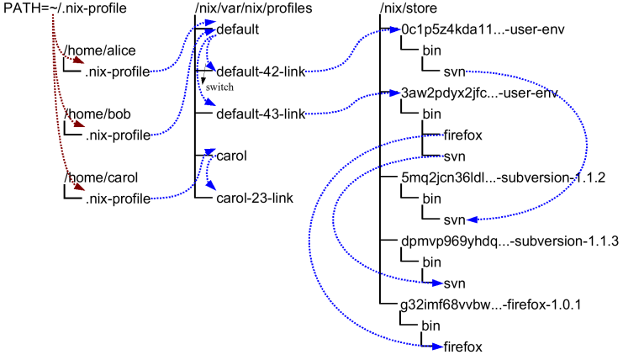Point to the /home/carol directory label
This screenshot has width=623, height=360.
click(98, 177)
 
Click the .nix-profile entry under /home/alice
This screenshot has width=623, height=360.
click(117, 72)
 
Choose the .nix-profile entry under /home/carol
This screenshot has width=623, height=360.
click(117, 198)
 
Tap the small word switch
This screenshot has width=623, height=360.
click(220, 87)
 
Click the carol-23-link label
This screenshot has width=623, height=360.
click(253, 198)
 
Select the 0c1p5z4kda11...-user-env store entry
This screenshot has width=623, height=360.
click(472, 30)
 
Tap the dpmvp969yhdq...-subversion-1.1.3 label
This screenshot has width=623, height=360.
click(510, 241)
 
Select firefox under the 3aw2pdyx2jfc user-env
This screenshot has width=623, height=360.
click(463, 135)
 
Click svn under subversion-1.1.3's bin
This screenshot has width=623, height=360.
click(454, 282)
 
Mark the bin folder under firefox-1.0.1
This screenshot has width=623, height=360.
click(431, 324)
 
